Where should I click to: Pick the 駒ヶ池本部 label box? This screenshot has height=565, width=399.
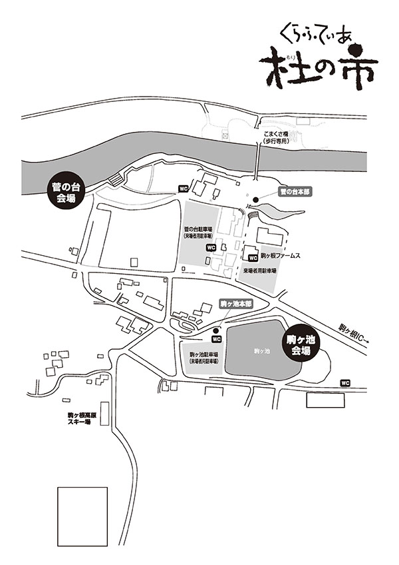pos(235,303)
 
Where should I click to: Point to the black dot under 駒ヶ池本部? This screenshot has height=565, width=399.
pos(216,329)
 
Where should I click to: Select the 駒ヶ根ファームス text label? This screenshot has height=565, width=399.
pos(281,255)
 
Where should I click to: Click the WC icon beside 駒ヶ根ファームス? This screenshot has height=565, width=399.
pos(251,257)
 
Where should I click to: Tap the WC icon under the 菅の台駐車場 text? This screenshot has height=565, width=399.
pos(211,247)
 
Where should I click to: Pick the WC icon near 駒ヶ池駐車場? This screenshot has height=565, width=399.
pos(216,338)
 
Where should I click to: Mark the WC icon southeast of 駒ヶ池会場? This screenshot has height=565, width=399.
pos(344,382)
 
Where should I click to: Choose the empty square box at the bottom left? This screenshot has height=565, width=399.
pos(82,516)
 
